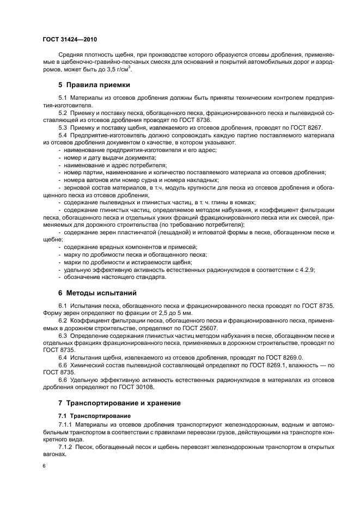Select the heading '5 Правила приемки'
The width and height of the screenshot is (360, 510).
pos(94,85)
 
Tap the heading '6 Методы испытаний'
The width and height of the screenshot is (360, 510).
pos(97,293)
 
